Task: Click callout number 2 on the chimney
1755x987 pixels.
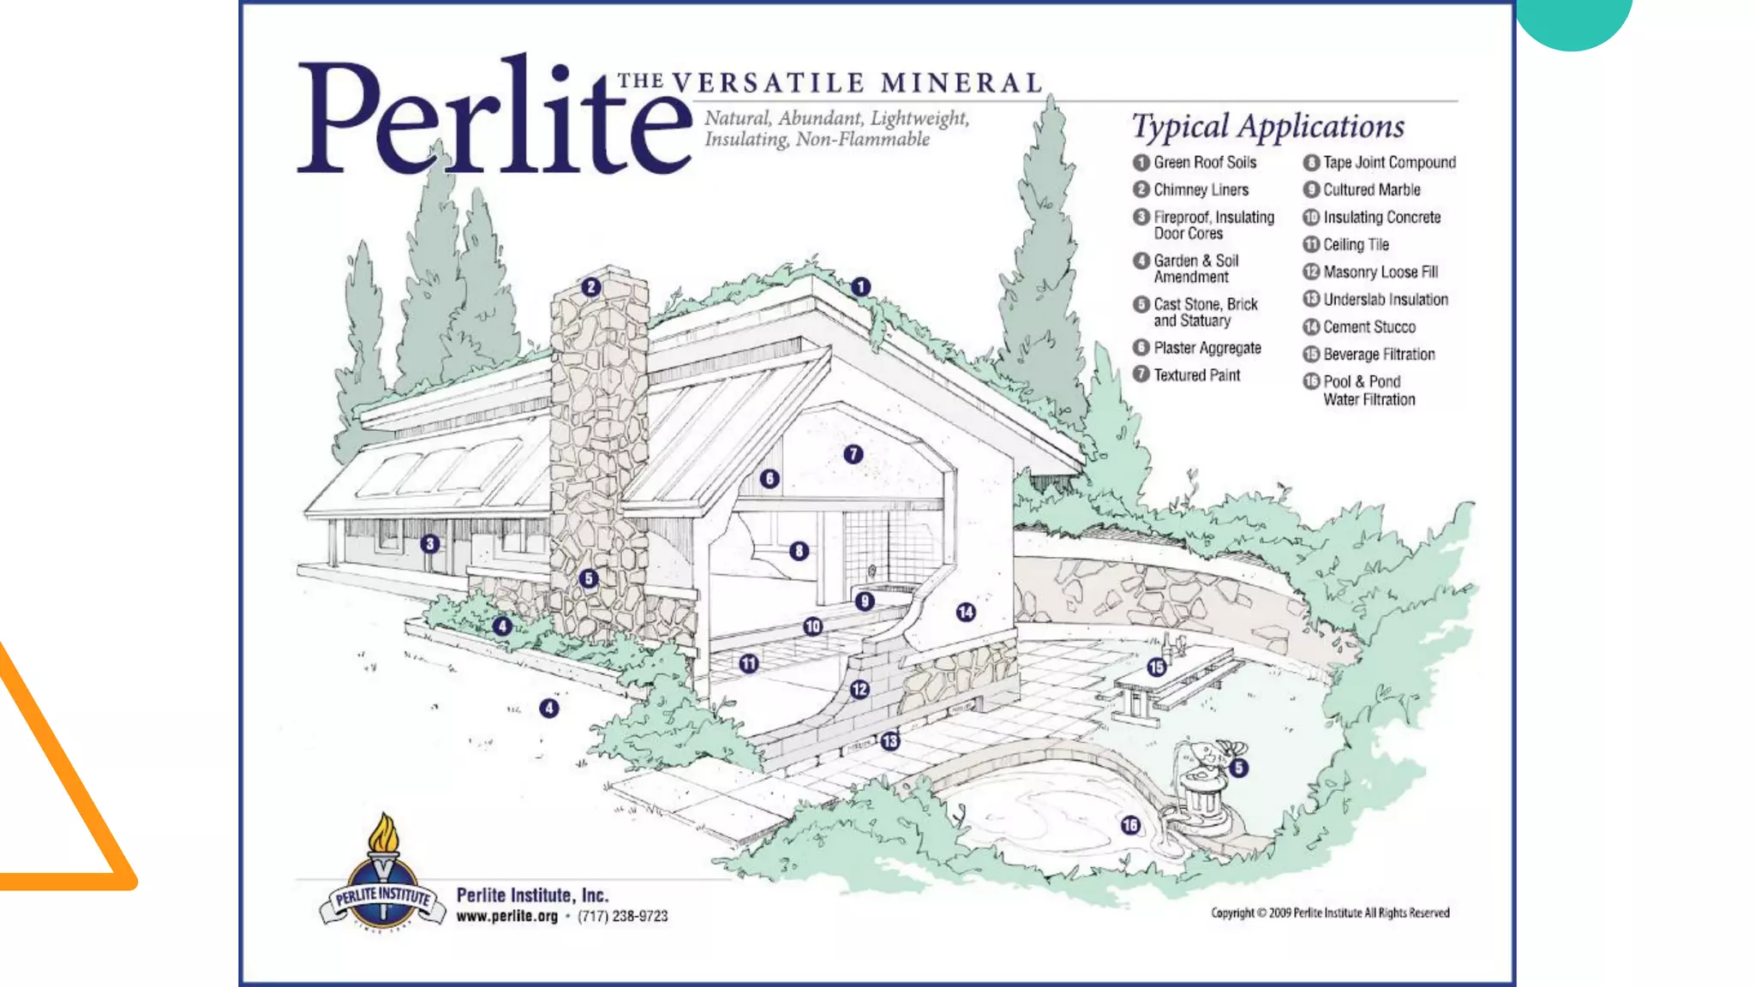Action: [590, 287]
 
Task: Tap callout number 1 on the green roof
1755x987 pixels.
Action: [860, 287]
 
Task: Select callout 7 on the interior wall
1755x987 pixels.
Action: [853, 454]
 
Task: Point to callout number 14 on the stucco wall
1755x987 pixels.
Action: [966, 612]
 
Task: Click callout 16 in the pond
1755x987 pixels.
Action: [1130, 824]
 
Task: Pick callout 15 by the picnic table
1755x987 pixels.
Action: [1157, 667]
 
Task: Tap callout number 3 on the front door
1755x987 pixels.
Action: [430, 543]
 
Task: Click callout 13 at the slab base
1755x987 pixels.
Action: [890, 741]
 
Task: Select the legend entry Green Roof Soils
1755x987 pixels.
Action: [1204, 163]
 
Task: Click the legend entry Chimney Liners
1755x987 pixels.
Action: [1201, 190]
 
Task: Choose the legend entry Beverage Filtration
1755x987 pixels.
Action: [1378, 355]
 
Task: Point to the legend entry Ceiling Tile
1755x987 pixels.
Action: [1356, 245]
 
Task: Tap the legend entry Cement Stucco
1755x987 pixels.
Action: [1369, 327]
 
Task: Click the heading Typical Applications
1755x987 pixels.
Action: [1267, 127]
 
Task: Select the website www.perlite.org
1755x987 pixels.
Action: [506, 916]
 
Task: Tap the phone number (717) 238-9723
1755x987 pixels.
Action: [622, 916]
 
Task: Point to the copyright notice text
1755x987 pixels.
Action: [1330, 912]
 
